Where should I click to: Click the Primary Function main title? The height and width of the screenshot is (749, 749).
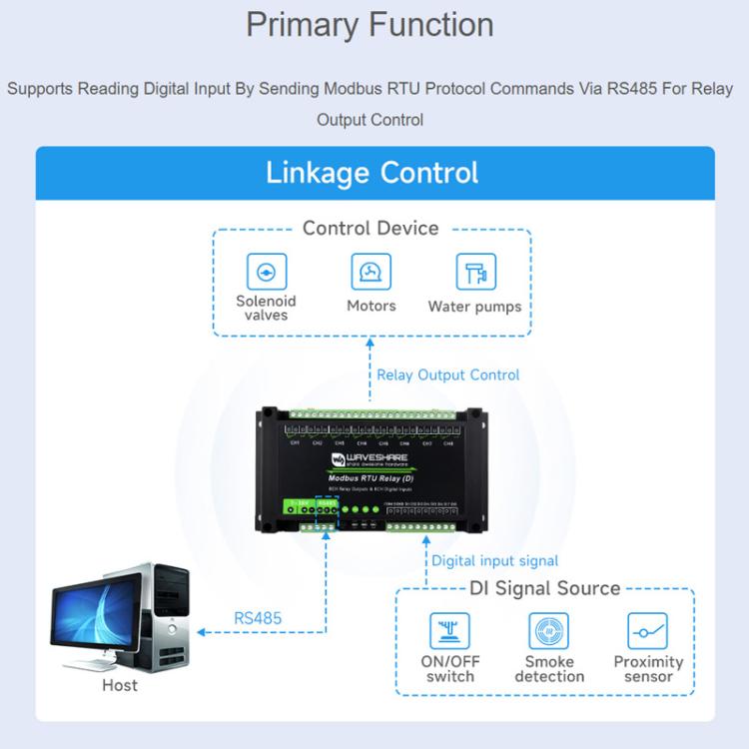coord(370,25)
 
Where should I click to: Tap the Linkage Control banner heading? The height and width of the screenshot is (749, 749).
coord(372,172)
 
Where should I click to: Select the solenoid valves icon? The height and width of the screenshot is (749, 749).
coord(266,271)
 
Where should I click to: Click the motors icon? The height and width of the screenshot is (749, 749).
coord(372,271)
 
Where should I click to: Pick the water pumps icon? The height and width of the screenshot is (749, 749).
coord(475,271)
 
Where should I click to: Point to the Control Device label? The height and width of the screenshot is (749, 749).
coord(371,228)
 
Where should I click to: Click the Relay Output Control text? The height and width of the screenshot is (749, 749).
coord(447,375)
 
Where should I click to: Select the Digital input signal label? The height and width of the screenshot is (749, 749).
coord(494,561)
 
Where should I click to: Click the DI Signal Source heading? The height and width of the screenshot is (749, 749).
coord(544,588)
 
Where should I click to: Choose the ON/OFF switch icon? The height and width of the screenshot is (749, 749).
coord(449,631)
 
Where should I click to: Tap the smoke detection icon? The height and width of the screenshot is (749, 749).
coord(549,631)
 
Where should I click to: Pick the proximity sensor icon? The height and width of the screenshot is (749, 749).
coord(647,631)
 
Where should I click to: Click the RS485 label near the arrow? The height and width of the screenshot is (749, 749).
coord(258,618)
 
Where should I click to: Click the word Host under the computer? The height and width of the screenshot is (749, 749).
coord(120,686)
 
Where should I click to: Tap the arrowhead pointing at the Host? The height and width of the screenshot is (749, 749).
coord(200,632)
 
